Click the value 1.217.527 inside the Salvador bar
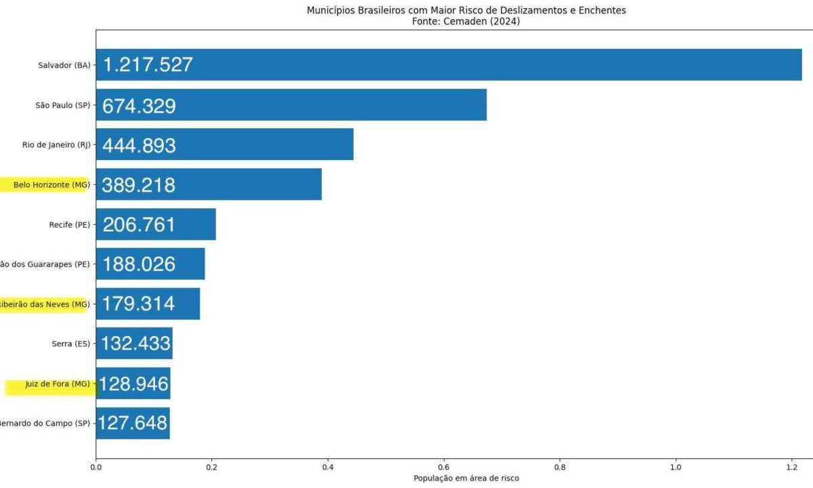[148, 65]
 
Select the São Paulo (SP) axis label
[62, 105]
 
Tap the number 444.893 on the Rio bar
[139, 146]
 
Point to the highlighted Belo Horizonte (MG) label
[51, 184]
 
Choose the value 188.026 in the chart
[139, 264]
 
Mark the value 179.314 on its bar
[138, 304]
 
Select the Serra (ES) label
[70, 344]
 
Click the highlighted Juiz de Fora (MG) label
[57, 384]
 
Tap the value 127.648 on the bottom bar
[133, 423]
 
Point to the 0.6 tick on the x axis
[444, 466]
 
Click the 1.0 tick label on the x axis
[675, 466]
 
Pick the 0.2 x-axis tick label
[211, 466]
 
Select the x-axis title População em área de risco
[466, 479]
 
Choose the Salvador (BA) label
[64, 65]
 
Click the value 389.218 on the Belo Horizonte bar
[139, 185]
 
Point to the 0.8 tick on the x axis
[560, 466]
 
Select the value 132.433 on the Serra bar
[135, 344]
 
